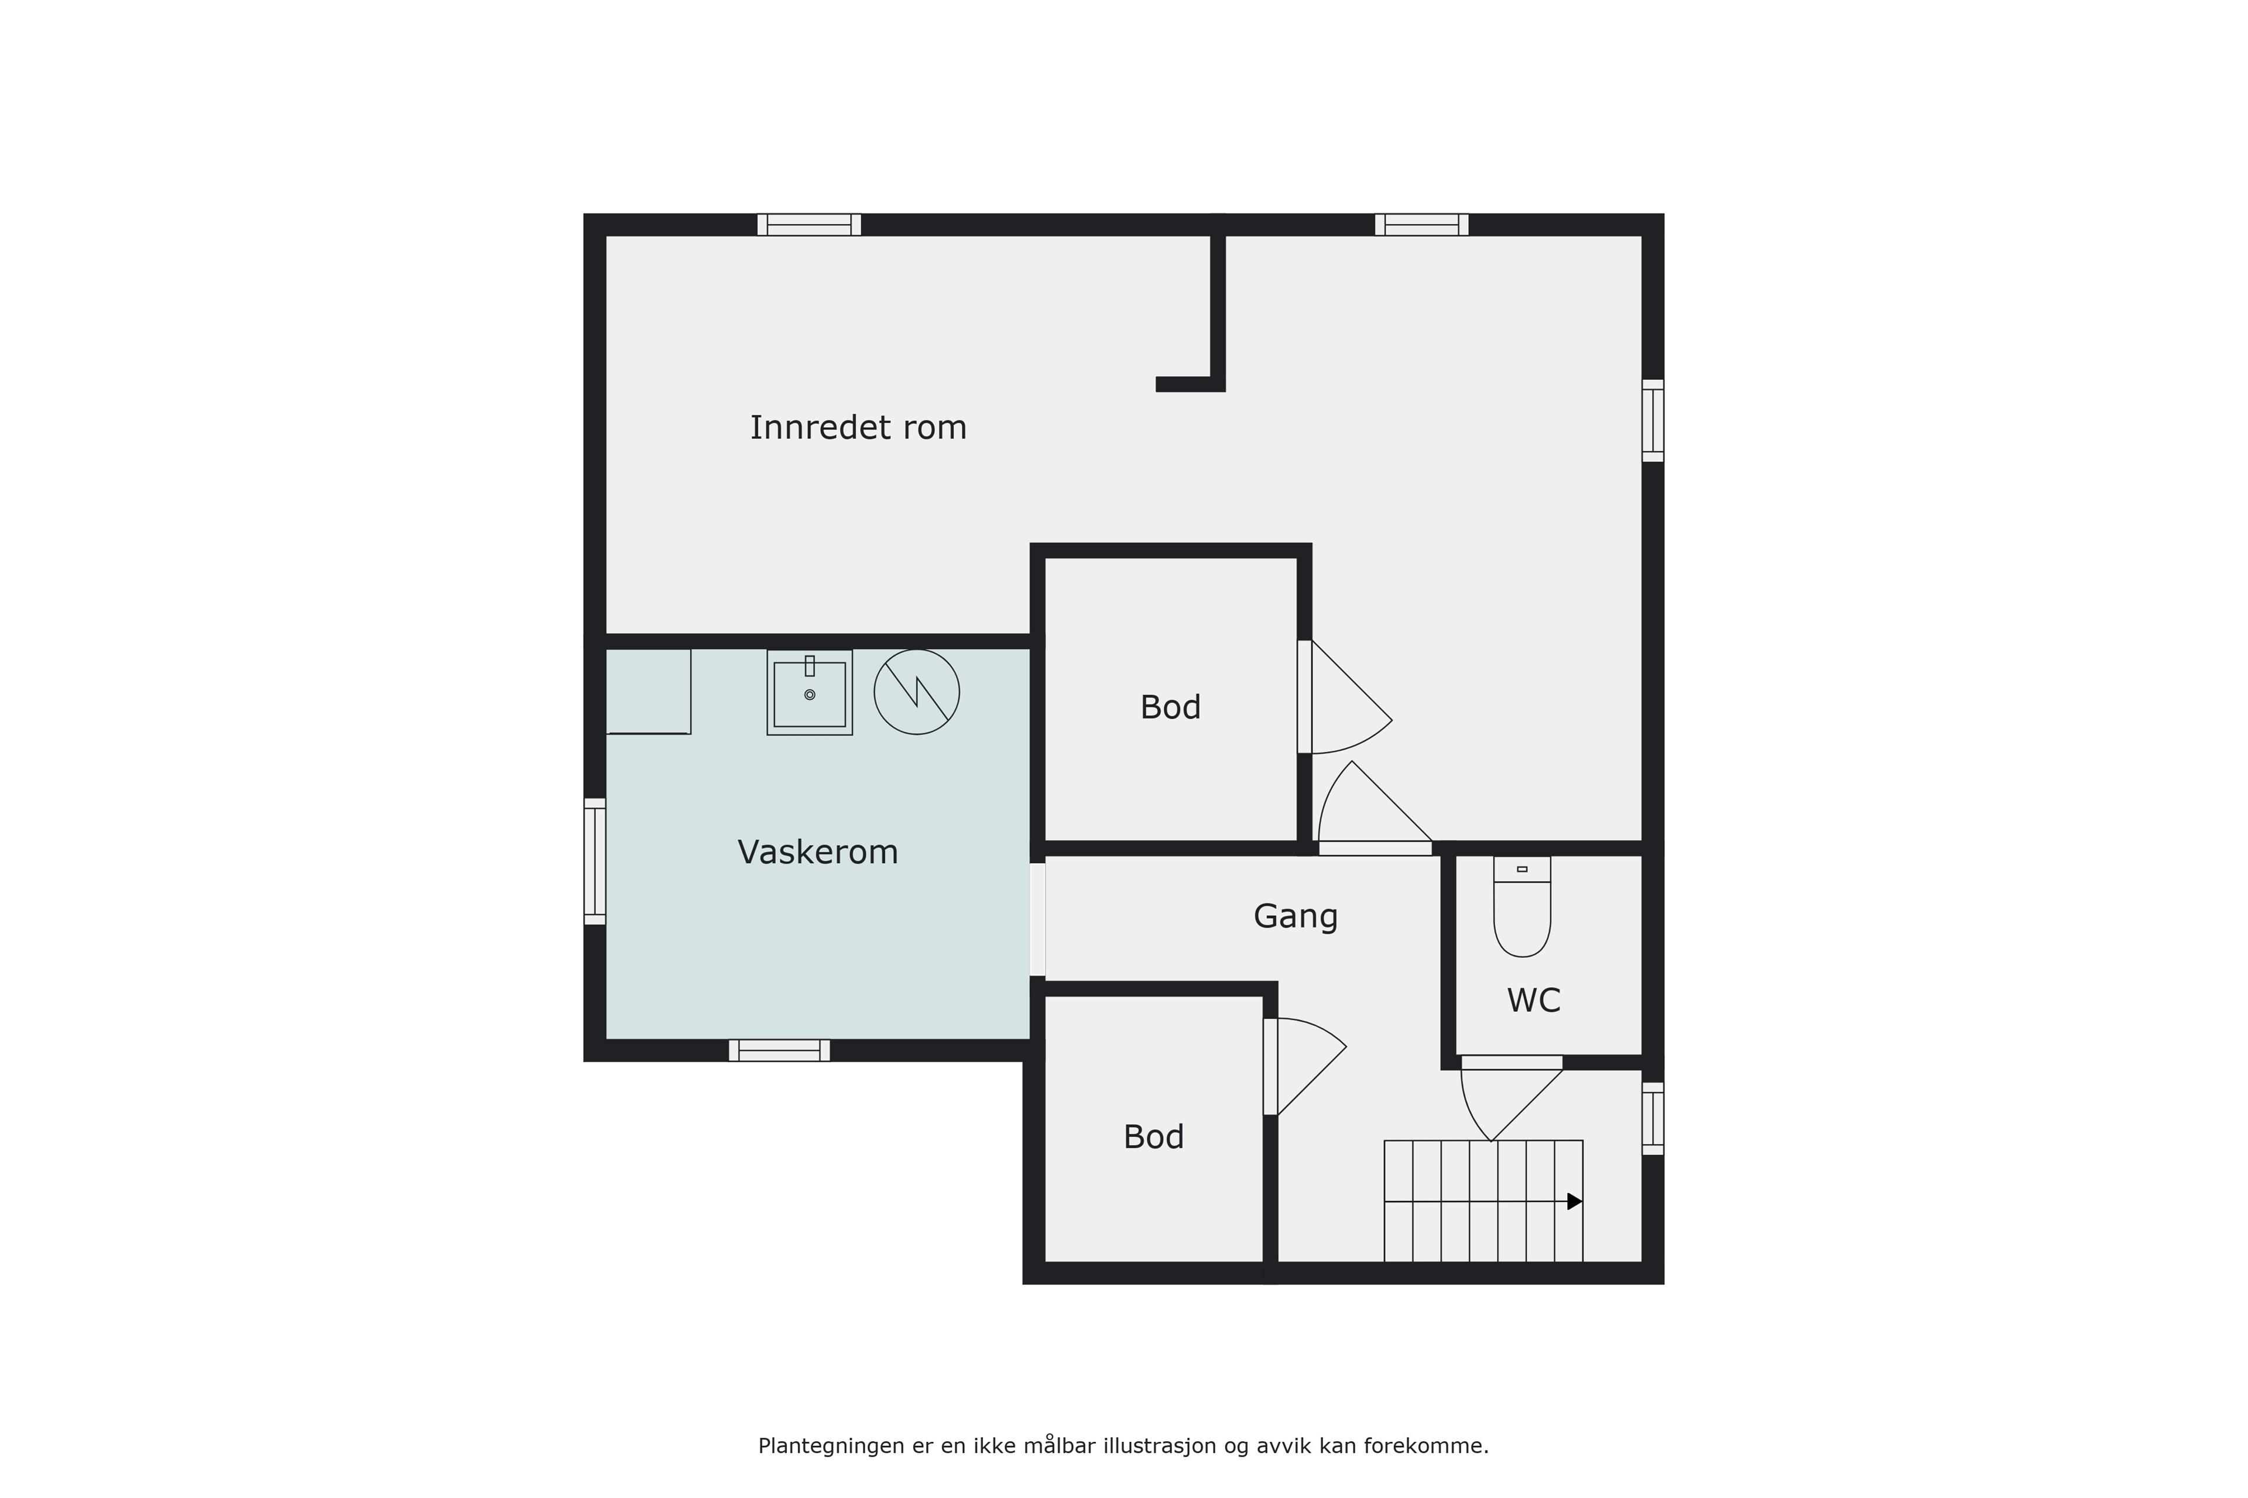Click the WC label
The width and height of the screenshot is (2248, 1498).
point(1533,1000)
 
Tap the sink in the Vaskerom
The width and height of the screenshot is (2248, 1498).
point(810,693)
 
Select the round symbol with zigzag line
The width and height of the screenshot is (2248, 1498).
point(917,692)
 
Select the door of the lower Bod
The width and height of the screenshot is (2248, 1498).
point(1305,1067)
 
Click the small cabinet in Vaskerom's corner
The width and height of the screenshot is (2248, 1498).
point(648,692)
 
